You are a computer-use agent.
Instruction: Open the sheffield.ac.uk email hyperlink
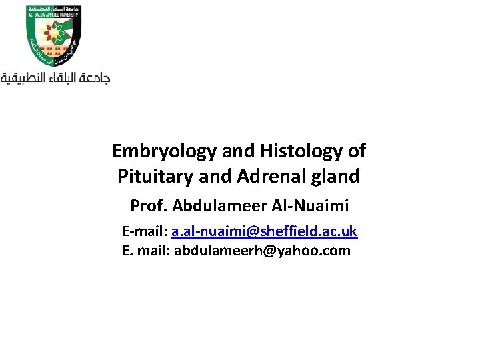coord(264,231)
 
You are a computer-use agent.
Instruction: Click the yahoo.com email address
coord(262,251)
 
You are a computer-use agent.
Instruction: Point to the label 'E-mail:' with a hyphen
coord(145,231)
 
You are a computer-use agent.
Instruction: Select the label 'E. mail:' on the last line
coord(147,251)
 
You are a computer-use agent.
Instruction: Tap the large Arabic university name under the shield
coord(55,78)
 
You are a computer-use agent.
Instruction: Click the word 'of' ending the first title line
coord(356,151)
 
